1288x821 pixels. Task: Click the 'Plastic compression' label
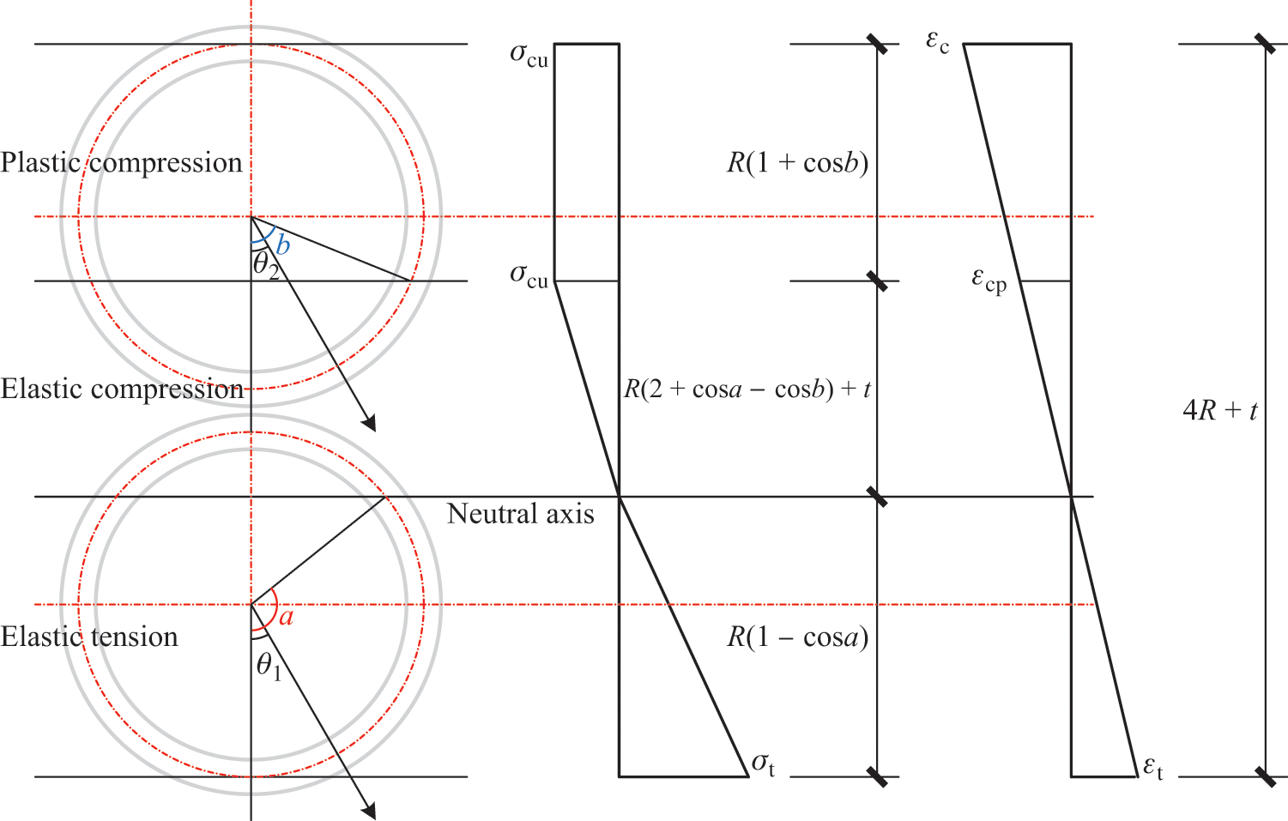[x=121, y=163]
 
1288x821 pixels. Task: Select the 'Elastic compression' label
[x=122, y=389]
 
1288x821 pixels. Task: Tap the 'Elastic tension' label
[x=89, y=637]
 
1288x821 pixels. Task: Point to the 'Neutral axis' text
[x=520, y=513]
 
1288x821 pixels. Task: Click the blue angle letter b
[x=283, y=244]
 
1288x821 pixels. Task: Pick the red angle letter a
[x=287, y=617]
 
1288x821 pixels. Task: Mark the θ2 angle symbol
[x=266, y=266]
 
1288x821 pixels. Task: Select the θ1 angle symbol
[x=269, y=667]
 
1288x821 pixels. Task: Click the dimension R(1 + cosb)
[x=797, y=163]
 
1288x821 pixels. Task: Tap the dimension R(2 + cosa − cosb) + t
[x=747, y=389]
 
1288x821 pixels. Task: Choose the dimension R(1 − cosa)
[x=797, y=637]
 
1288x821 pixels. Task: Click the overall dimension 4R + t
[x=1220, y=410]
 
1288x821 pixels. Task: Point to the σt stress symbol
[x=764, y=765]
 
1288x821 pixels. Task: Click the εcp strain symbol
[x=989, y=281]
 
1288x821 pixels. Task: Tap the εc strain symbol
[x=938, y=43]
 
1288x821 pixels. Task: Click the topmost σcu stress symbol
[x=529, y=57]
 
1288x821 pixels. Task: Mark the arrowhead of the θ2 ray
[x=369, y=423]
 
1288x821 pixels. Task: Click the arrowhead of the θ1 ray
[x=369, y=811]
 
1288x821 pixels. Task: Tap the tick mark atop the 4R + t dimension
[x=1265, y=44]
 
